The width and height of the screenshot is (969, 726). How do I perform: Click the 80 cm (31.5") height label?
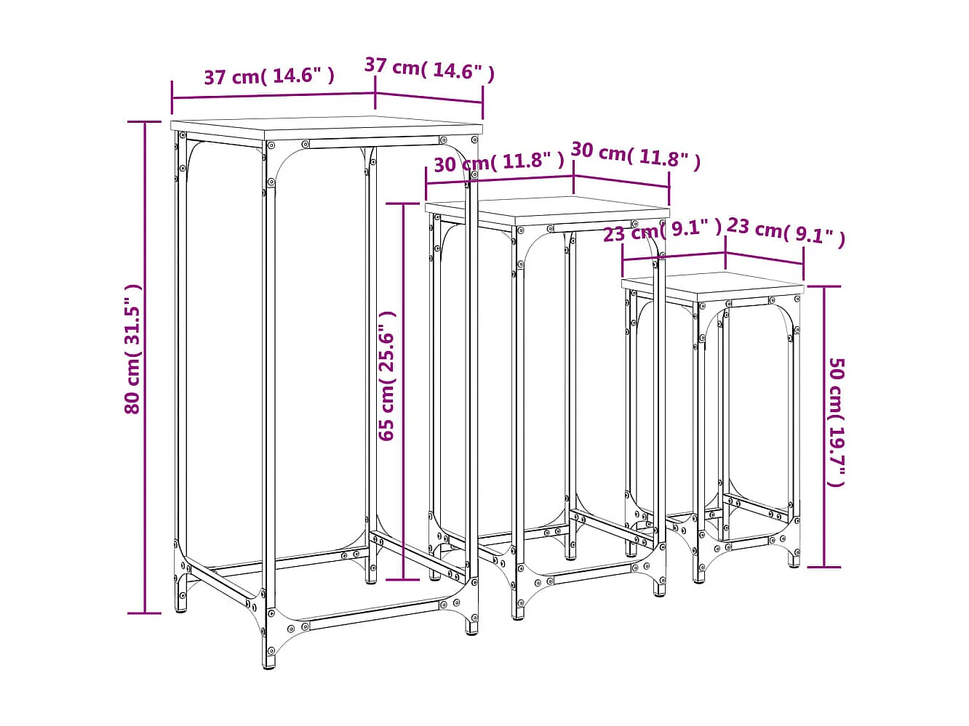point(132,349)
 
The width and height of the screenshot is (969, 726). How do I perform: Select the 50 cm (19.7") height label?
point(837,422)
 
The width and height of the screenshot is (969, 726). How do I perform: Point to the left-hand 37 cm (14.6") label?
point(268,76)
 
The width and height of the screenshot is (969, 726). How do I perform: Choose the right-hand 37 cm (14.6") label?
point(429,69)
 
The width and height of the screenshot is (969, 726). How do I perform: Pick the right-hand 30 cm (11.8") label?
point(635,155)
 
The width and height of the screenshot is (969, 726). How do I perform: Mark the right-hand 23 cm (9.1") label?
point(786,230)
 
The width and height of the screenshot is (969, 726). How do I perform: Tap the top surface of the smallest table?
point(713,285)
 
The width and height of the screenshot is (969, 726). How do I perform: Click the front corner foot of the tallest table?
point(271,660)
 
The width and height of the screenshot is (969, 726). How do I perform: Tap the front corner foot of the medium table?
point(518,613)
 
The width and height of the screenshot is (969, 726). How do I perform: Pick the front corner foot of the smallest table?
point(700,577)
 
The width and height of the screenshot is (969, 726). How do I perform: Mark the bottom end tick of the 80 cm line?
point(145,613)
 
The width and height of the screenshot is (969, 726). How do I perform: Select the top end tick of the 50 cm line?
point(824,286)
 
